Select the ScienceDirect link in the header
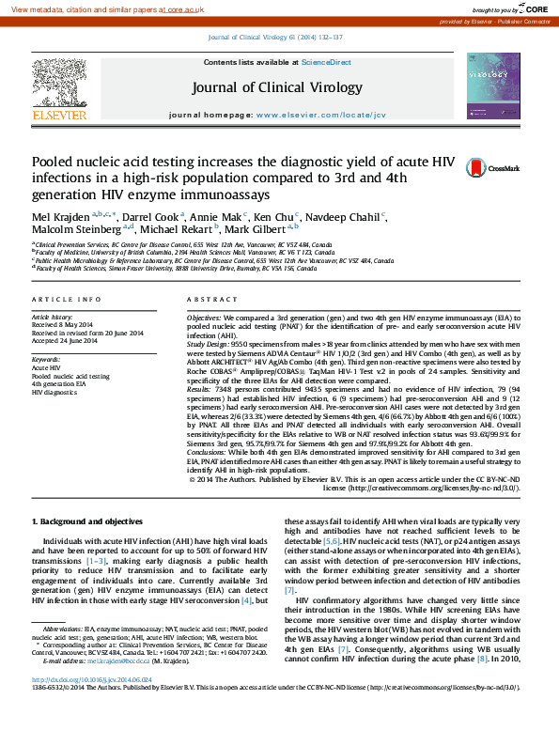pos(326,62)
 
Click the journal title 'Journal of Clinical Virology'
pos(276,87)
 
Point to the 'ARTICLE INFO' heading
pos(67,299)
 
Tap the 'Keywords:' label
pos(46,360)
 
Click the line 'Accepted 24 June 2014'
pos(69,340)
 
